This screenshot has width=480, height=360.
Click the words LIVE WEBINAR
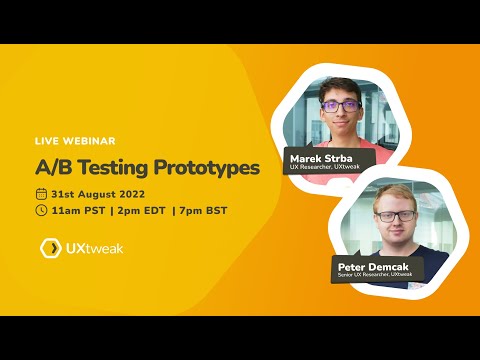(x=75, y=141)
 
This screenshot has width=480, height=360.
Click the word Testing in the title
(x=114, y=168)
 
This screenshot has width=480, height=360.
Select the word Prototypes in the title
(x=207, y=168)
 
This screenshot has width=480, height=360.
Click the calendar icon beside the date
(x=41, y=194)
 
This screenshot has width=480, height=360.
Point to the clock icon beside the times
(x=41, y=210)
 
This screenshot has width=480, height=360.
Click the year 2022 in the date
(x=132, y=194)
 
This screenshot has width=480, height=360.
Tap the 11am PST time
(x=78, y=211)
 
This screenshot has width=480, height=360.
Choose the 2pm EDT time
(x=141, y=211)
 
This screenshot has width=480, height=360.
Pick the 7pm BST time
(x=203, y=211)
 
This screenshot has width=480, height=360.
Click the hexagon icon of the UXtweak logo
(x=51, y=248)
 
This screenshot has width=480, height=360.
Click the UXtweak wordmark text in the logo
(x=94, y=249)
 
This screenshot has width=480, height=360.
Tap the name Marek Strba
(x=321, y=158)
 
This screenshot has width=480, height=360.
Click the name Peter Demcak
(x=373, y=267)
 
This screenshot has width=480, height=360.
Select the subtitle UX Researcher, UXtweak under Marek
(x=325, y=167)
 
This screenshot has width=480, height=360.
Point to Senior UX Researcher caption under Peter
(x=375, y=275)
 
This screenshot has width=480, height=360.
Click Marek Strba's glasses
(x=341, y=107)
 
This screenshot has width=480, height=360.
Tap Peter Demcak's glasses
(x=396, y=216)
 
